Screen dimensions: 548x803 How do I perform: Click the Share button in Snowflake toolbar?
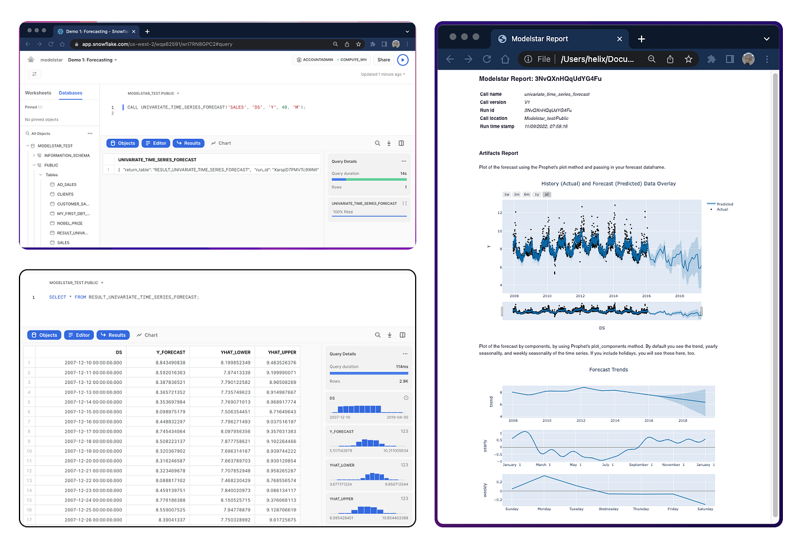pyautogui.click(x=384, y=60)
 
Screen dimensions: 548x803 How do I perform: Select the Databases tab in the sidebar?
pyautogui.click(x=70, y=93)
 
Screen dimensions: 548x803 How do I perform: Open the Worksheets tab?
pyautogui.click(x=38, y=93)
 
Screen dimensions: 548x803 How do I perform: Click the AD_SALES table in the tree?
pyautogui.click(x=66, y=185)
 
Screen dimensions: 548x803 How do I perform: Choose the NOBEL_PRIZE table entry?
pyautogui.click(x=70, y=223)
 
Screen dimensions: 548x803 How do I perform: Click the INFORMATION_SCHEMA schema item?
pyautogui.click(x=67, y=155)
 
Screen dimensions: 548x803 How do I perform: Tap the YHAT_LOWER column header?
pyautogui.click(x=235, y=352)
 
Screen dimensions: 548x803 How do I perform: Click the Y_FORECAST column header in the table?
pyautogui.click(x=171, y=352)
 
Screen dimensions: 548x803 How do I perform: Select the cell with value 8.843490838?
pyautogui.click(x=170, y=363)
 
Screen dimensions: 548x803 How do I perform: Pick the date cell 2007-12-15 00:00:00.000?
pyautogui.click(x=93, y=412)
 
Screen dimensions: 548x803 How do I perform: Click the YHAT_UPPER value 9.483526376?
pyautogui.click(x=281, y=363)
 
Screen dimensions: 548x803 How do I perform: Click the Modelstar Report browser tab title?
pyautogui.click(x=539, y=39)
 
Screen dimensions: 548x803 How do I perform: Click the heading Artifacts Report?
pyautogui.click(x=498, y=153)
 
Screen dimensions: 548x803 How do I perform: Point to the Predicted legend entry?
pyautogui.click(x=724, y=204)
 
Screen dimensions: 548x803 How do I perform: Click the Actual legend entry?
pyautogui.click(x=722, y=210)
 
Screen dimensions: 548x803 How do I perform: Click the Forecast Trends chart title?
pyautogui.click(x=608, y=370)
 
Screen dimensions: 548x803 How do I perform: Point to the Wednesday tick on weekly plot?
pyautogui.click(x=608, y=509)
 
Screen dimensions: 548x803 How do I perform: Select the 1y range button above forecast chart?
pyautogui.click(x=536, y=194)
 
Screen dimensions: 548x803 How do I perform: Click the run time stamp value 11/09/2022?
pyautogui.click(x=546, y=126)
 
